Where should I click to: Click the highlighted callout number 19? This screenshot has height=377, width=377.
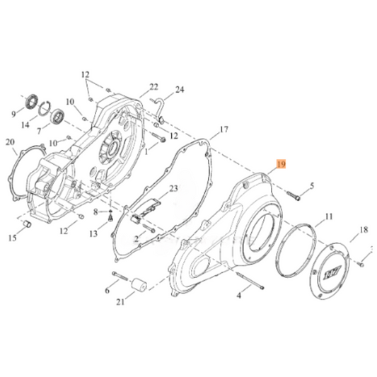click(281, 164)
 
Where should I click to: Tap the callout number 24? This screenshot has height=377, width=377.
click(180, 90)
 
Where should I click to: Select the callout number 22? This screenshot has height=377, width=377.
click(153, 87)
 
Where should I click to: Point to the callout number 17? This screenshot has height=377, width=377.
click(224, 129)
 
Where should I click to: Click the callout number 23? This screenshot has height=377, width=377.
click(174, 188)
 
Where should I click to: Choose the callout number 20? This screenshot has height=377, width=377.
click(10, 142)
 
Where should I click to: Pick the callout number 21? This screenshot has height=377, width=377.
click(120, 302)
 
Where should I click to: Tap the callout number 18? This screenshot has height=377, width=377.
click(364, 230)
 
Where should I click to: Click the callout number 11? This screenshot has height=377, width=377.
click(328, 216)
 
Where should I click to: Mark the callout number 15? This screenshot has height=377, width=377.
click(13, 238)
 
